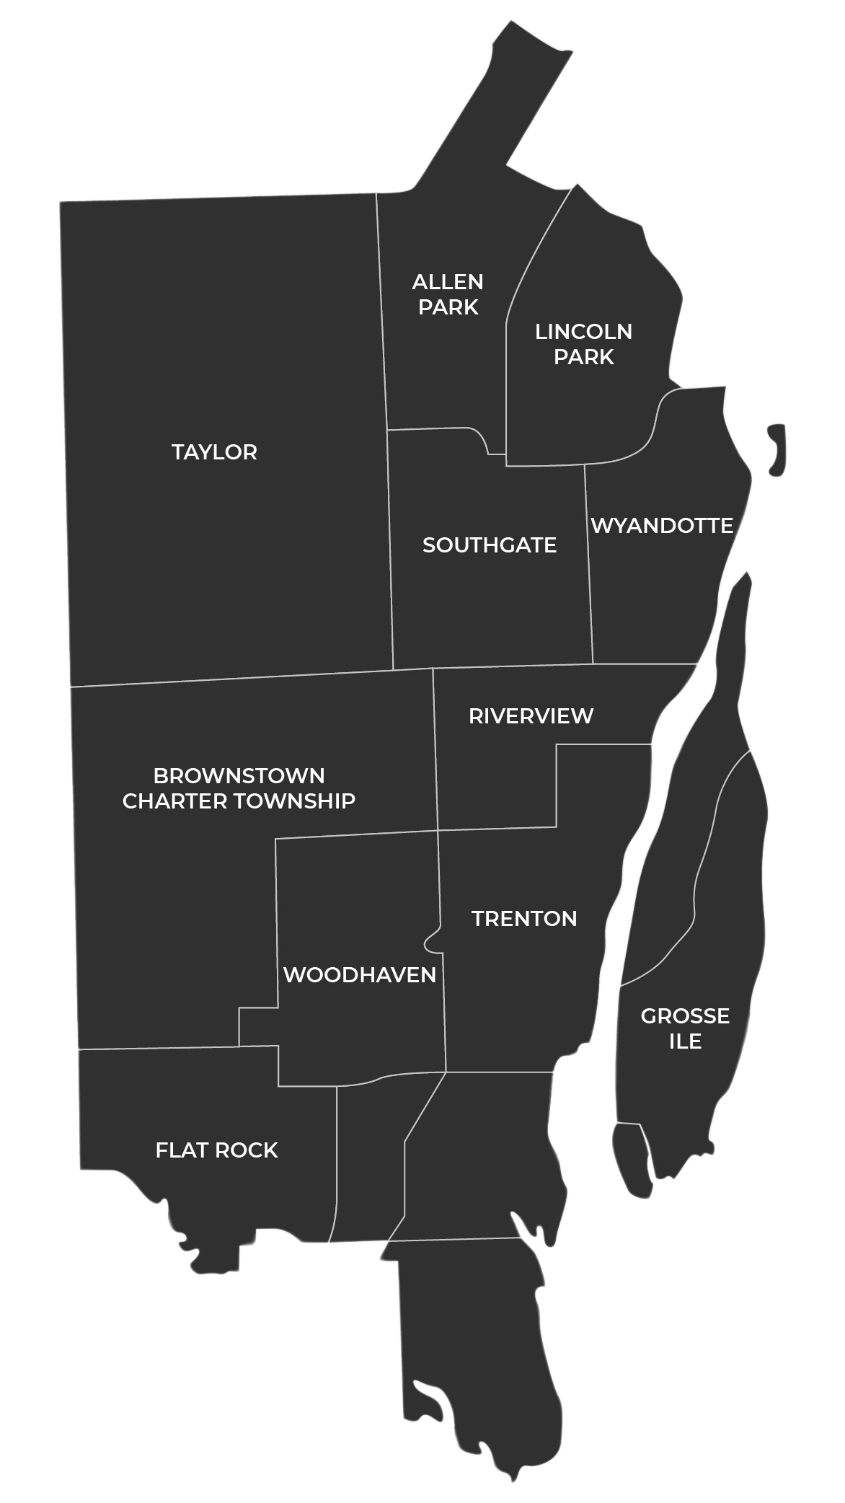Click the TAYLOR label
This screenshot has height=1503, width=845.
click(214, 452)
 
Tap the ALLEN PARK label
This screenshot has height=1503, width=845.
click(448, 294)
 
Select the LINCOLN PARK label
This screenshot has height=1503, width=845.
click(583, 344)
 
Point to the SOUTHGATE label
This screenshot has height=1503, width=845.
click(489, 545)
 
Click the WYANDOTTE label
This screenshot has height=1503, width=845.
click(662, 526)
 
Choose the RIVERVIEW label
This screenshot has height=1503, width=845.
click(531, 716)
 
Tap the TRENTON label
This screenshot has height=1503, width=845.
click(524, 919)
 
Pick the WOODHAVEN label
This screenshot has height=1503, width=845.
click(359, 975)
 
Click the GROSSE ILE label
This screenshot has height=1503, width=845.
click(685, 1028)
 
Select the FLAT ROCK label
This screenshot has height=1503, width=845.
click(216, 1150)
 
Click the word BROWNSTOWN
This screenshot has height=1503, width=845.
click(239, 776)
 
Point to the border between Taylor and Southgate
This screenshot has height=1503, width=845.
click(390, 548)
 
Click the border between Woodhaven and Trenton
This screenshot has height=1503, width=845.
click(444, 1010)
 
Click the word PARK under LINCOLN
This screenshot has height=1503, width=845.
click(583, 357)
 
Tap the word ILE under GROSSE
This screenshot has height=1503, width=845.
click(685, 1041)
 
